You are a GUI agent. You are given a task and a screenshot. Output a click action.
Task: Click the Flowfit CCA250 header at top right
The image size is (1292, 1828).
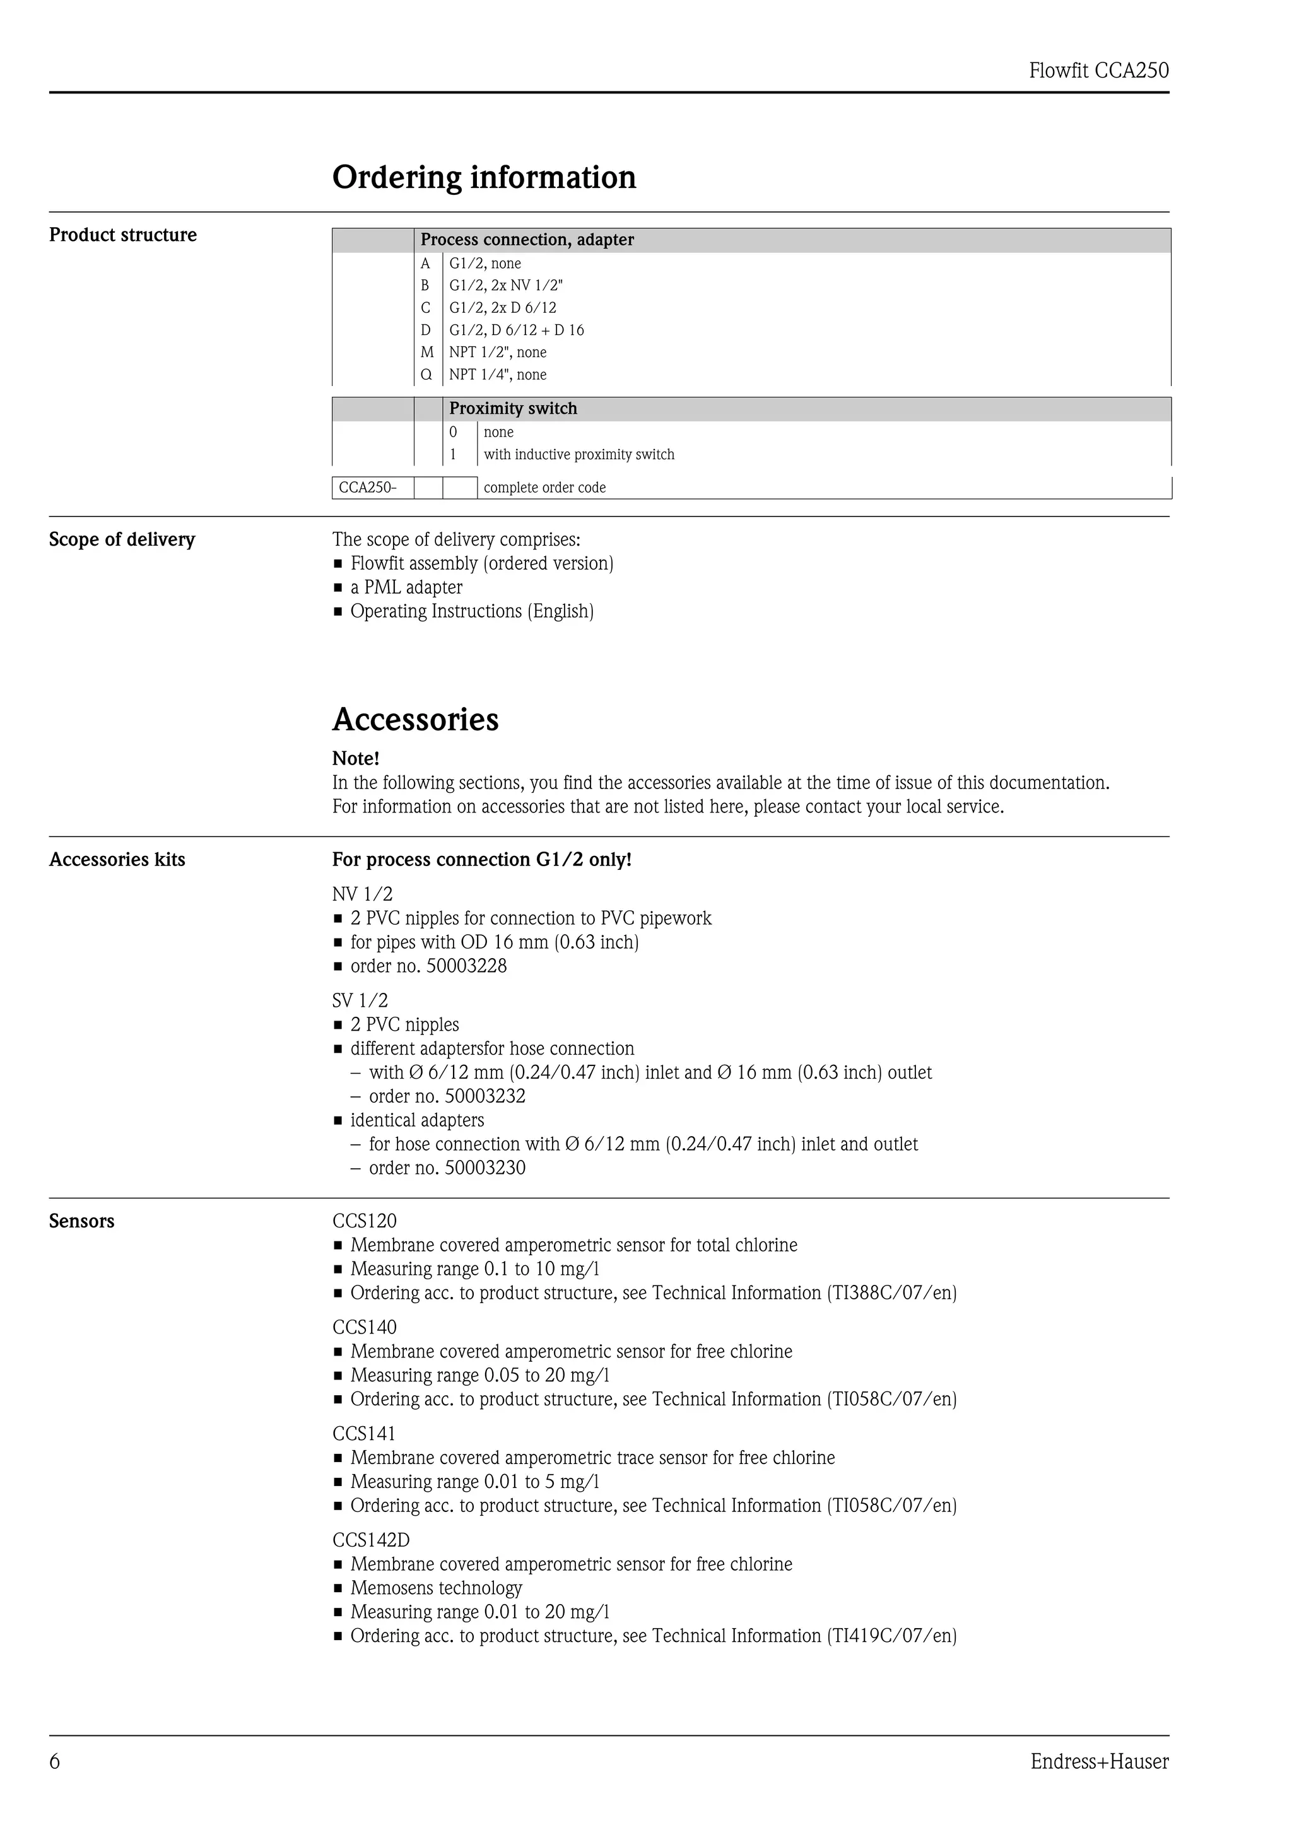point(1098,71)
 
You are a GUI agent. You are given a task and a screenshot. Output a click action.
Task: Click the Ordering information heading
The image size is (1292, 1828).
point(484,177)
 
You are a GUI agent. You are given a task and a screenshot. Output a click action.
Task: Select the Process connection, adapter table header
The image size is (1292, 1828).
point(527,240)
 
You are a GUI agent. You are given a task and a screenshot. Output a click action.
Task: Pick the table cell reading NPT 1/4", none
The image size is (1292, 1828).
point(498,374)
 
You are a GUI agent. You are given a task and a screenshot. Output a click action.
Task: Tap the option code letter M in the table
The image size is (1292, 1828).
point(426,352)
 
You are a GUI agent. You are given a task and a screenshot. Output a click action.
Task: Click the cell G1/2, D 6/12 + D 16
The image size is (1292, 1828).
point(516,330)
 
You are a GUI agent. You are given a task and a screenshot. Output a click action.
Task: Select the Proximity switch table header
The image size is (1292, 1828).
point(513,409)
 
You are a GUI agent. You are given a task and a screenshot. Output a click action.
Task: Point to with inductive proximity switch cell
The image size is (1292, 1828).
point(578,455)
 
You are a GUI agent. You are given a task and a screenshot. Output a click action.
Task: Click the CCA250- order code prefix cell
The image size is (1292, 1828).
point(368,487)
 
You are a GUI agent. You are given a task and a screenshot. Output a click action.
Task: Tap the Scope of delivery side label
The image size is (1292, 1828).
point(122,539)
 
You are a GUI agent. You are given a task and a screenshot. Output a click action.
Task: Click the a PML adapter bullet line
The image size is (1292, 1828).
point(406,588)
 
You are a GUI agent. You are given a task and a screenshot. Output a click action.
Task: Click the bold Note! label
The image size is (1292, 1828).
point(355,758)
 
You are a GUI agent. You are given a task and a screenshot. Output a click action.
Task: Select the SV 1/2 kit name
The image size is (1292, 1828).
point(360,1001)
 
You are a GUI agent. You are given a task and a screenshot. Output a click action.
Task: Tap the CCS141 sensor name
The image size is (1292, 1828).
point(364,1434)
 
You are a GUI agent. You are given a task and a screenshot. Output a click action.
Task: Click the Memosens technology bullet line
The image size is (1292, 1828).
point(435,1588)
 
